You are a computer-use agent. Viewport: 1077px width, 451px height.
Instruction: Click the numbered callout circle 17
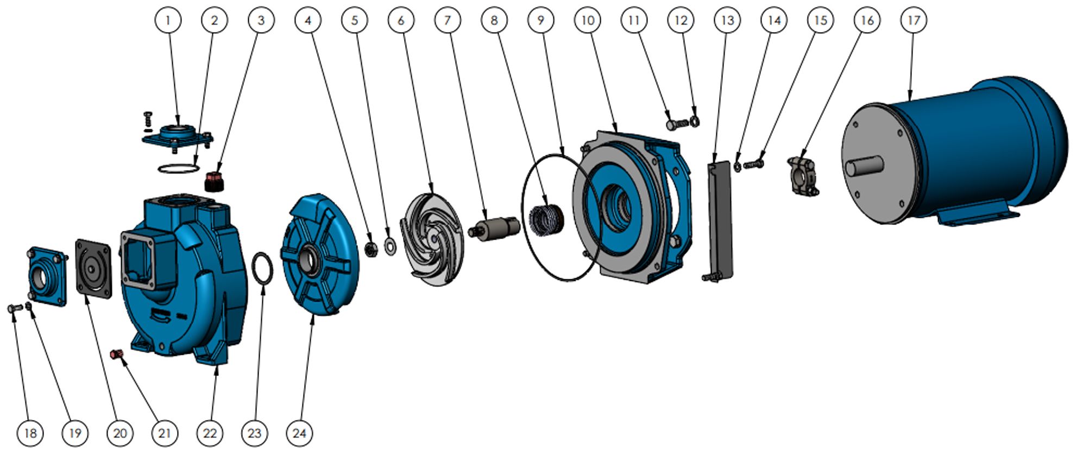[914, 20]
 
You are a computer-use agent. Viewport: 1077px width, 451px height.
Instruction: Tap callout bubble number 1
[168, 20]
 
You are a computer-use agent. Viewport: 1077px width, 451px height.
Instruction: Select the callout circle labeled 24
[299, 433]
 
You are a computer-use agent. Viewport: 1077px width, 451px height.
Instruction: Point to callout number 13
[727, 20]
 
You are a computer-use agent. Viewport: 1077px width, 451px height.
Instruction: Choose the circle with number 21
[165, 433]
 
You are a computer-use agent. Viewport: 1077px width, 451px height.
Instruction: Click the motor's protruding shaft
[864, 166]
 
